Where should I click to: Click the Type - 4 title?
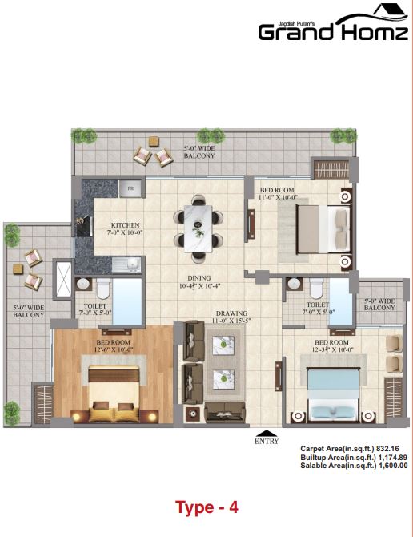coord(206,507)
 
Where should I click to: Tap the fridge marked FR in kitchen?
coord(130,188)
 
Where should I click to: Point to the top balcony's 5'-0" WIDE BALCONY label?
coord(198,151)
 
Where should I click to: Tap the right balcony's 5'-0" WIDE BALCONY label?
coord(379,304)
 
